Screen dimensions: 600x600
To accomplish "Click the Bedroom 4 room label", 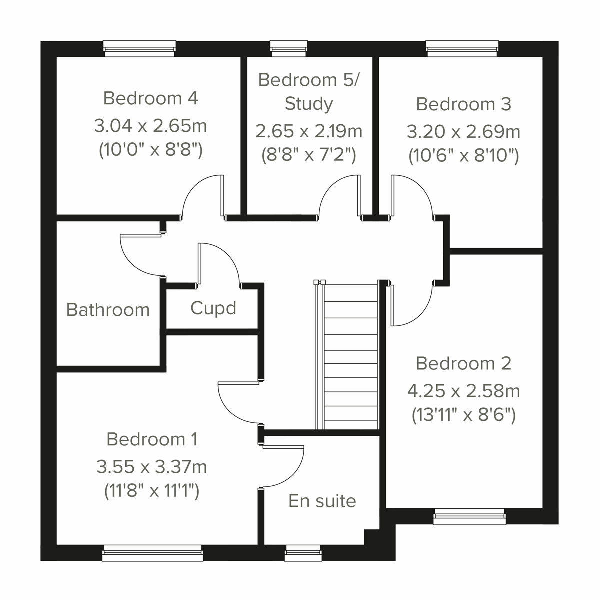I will pos(150,98).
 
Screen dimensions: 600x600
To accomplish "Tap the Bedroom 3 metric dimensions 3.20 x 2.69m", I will pos(463,132).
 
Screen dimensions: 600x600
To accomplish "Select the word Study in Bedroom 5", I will pos(308,104).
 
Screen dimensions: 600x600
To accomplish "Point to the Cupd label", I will pos(213,308).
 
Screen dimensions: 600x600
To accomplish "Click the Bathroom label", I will pos(108,310).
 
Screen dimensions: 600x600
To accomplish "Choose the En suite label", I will pos(322,501).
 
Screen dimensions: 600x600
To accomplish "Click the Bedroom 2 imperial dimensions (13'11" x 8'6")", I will pos(463,415).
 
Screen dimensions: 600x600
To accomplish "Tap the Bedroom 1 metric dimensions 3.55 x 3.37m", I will pos(151,467).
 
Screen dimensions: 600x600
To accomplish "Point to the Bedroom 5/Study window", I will pos(289,47).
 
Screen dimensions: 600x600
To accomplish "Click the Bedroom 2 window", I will pos(469,517).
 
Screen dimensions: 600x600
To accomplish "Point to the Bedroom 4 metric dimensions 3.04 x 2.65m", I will pos(150,126).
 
